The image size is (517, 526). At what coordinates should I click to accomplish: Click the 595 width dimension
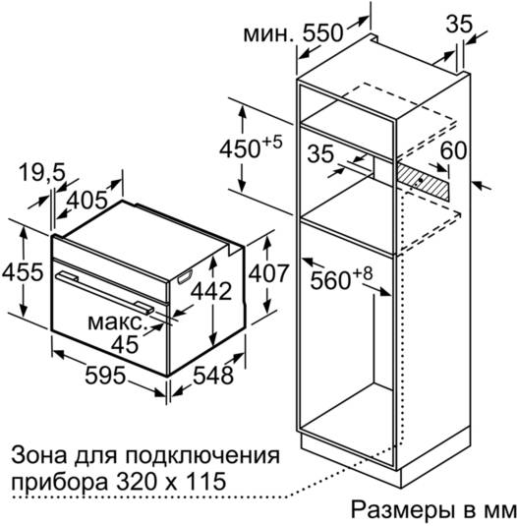[x=105, y=375]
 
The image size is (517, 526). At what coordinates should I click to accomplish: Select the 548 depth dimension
[x=213, y=375]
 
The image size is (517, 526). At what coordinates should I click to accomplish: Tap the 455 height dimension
[x=23, y=271]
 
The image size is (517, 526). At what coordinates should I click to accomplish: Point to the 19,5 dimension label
[x=41, y=173]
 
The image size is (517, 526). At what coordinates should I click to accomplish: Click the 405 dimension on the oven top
[x=87, y=201]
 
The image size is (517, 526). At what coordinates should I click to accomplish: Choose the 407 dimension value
[x=268, y=273]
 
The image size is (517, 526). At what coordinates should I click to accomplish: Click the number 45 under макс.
[x=125, y=344]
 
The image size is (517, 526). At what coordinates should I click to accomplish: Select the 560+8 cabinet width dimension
[x=341, y=278]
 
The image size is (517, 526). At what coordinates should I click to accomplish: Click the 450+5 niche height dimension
[x=251, y=146]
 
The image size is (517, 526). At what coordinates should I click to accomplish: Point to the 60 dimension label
[x=453, y=150]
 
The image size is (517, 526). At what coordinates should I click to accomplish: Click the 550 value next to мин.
[x=322, y=33]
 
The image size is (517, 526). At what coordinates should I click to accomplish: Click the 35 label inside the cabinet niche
[x=320, y=153]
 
